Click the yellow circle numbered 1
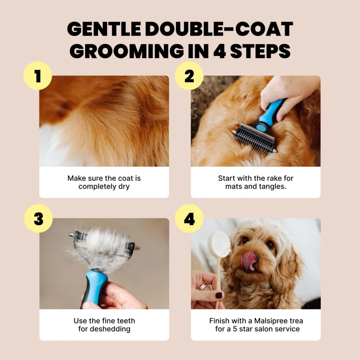tap(38, 76)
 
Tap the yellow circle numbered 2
tap(189, 76)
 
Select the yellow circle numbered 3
tap(38, 218)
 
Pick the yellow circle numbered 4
tap(189, 218)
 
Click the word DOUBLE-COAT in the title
tap(219, 29)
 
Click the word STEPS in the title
tap(261, 51)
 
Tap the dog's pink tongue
tap(249, 260)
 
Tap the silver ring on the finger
tap(205, 286)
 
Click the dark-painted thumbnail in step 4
tap(219, 295)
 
